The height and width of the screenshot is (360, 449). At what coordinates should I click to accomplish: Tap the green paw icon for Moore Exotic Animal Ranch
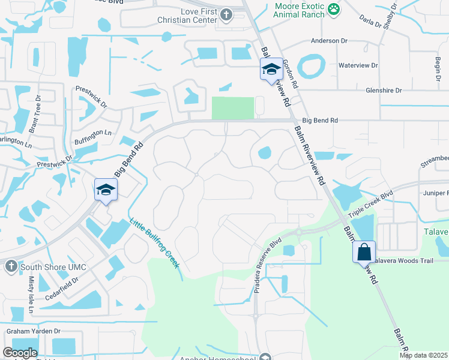coord(334,9)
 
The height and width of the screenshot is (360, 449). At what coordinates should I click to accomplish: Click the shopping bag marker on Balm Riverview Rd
coord(364,252)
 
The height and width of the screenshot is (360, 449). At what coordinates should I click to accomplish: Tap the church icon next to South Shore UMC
coord(10,266)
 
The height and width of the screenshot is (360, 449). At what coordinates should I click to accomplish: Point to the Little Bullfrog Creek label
coord(154,242)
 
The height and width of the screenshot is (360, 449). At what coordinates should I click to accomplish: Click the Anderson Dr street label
coord(329,41)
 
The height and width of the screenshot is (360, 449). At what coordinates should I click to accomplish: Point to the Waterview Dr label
coord(358,65)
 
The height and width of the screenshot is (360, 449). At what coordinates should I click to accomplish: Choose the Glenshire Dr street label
coord(383,91)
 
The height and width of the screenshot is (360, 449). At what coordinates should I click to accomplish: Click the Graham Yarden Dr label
coord(34,331)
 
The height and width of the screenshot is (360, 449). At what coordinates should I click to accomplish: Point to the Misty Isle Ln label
coord(31,298)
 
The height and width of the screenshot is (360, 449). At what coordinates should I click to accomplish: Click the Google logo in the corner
coord(20,353)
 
